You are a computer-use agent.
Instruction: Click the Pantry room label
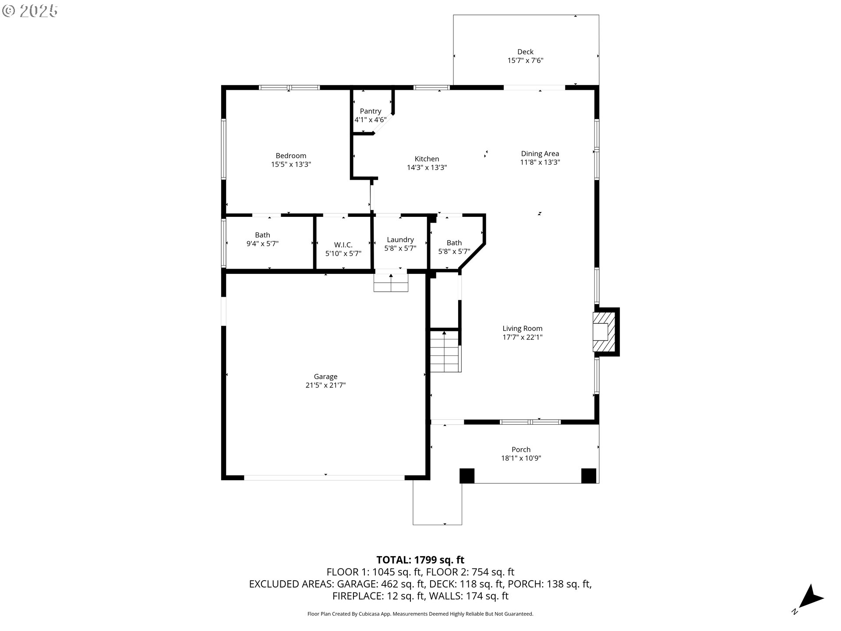pyautogui.click(x=371, y=111)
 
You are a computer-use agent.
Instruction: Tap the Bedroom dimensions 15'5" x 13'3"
pyautogui.click(x=291, y=164)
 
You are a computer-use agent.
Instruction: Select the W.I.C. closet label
pyautogui.click(x=343, y=245)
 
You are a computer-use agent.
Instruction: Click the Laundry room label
pyautogui.click(x=400, y=240)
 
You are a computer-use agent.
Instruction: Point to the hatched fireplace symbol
pyautogui.click(x=605, y=332)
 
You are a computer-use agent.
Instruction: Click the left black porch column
pyautogui.click(x=467, y=476)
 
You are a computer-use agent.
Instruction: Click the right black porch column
pyautogui.click(x=588, y=476)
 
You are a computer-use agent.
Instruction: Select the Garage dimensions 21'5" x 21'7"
pyautogui.click(x=325, y=385)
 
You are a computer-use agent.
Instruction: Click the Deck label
pyautogui.click(x=525, y=52)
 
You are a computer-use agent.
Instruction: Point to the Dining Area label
pyautogui.click(x=540, y=153)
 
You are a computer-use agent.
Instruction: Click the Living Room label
pyautogui.click(x=522, y=328)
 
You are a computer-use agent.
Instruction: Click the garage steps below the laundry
pyautogui.click(x=391, y=283)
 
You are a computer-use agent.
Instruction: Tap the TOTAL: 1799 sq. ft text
pyautogui.click(x=420, y=560)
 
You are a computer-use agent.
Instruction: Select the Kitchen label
pyautogui.click(x=427, y=159)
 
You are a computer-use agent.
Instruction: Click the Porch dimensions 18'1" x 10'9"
pyautogui.click(x=521, y=458)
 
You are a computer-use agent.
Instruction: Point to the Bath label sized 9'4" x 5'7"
pyautogui.click(x=262, y=235)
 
